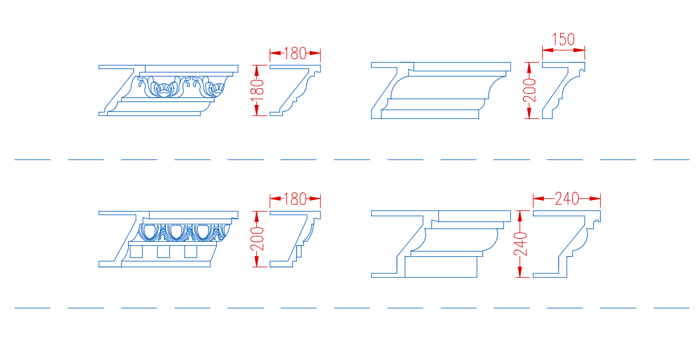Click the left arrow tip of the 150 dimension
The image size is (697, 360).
(x=543, y=50)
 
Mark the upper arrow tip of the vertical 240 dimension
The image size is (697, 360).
(x=520, y=211)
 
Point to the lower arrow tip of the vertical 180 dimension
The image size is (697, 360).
(x=257, y=115)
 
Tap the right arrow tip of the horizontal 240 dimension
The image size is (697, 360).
(x=600, y=198)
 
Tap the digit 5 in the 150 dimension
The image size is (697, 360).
(x=563, y=39)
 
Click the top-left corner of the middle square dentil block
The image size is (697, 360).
(x=158, y=246)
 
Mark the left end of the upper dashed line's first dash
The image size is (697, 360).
(x=14, y=159)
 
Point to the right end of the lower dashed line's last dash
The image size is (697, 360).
(x=689, y=308)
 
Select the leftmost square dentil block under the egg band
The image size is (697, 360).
(x=136, y=252)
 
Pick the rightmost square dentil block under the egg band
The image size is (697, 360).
(x=191, y=252)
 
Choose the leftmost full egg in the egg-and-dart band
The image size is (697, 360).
(x=150, y=232)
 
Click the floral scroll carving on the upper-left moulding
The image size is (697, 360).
(x=181, y=86)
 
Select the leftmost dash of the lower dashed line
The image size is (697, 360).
(x=32, y=308)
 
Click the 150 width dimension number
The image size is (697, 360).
(x=563, y=39)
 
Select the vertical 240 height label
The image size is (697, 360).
(x=520, y=244)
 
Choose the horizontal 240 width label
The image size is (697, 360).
(x=567, y=199)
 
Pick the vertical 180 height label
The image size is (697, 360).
(x=257, y=90)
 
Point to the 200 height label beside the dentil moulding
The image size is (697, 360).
(x=257, y=239)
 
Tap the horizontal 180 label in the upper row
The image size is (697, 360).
(x=295, y=53)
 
